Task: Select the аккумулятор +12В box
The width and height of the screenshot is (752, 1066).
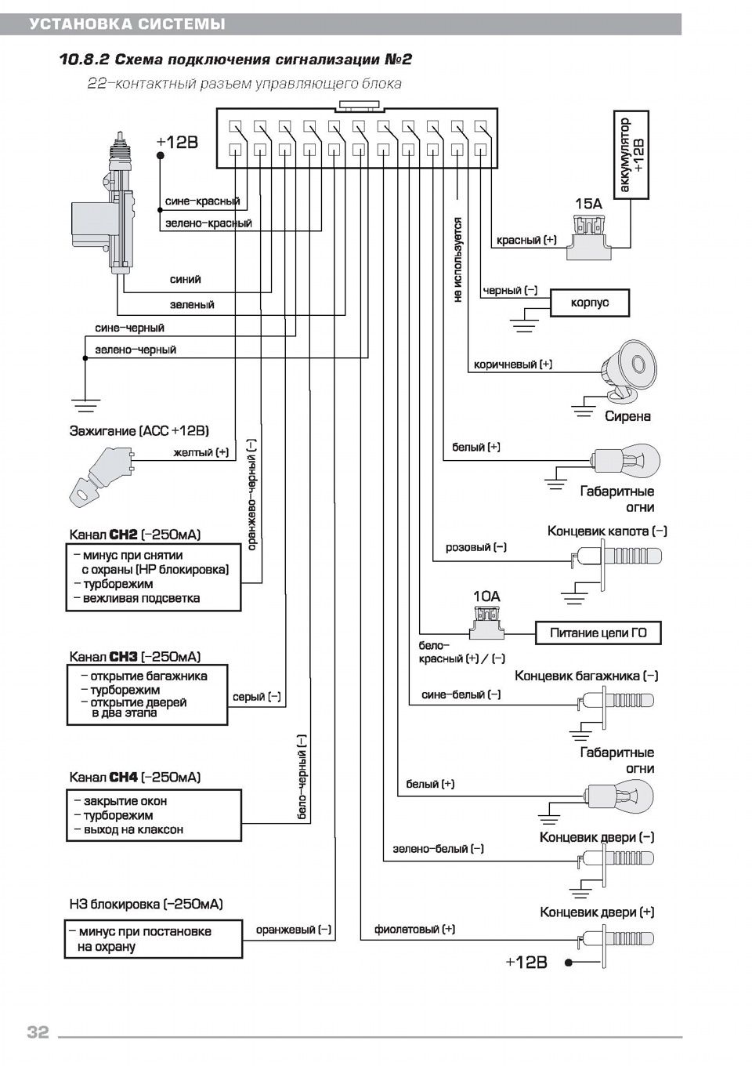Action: point(631,154)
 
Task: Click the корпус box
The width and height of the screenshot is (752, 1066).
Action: point(589,303)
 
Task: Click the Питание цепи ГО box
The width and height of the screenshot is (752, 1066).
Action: point(598,633)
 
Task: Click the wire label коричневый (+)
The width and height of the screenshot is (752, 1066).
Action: point(513,364)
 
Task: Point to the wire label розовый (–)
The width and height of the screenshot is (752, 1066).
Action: point(475,547)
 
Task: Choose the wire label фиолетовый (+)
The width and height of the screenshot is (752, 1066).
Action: point(414,929)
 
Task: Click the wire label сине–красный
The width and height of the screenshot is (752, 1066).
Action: point(202,201)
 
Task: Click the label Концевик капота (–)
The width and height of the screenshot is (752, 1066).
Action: point(607,531)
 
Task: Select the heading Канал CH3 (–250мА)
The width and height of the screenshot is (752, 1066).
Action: point(135,657)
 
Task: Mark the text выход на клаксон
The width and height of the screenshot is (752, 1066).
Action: point(133,829)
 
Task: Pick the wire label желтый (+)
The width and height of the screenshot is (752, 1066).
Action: point(201,452)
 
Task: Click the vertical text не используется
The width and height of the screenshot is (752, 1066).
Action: point(457,260)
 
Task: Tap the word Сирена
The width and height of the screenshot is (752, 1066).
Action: point(627,416)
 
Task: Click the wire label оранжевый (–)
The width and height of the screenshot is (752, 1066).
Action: point(293,930)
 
